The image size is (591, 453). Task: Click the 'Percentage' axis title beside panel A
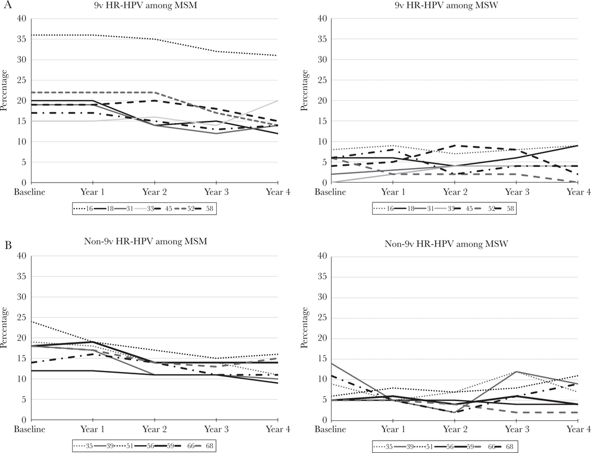coord(6,101)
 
